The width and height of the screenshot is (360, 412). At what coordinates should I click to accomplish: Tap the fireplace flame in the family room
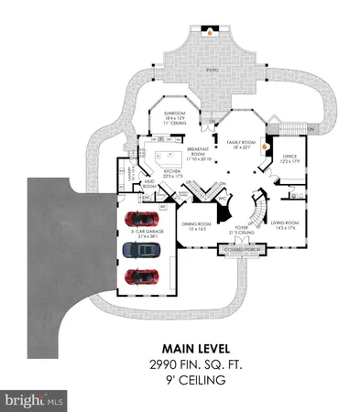coord(267,144)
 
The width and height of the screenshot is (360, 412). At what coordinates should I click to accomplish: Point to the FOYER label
coord(241,228)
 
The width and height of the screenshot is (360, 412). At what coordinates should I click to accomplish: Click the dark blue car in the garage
coord(138,250)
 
